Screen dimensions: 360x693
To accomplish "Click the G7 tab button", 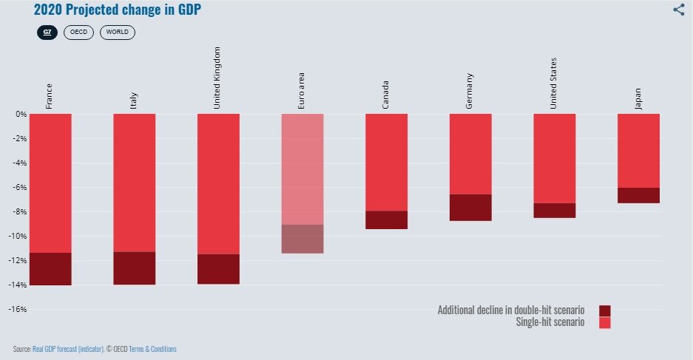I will coord(48,33).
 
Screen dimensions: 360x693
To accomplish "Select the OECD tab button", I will coord(78,33).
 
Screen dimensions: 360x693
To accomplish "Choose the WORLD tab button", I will coord(118,33).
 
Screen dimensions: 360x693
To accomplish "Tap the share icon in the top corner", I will coord(678,10).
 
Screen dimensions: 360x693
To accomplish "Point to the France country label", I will coord(49,96).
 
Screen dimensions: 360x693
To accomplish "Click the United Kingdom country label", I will coord(217,78).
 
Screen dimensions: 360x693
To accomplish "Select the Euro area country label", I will coord(301,92).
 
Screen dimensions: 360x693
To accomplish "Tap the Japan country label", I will coord(638,99).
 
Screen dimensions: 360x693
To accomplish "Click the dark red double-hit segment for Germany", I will coord(470,208).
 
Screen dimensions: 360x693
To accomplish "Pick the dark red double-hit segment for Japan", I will coord(638,195).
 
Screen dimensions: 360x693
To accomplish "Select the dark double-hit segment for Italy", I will coord(134,268).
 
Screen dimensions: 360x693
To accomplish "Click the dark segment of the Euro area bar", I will coord(302,239).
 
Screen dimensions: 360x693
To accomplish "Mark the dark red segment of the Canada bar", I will coord(385,220).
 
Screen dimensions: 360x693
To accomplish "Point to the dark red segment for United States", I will coord(554,211).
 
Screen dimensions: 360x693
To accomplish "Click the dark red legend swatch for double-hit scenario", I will coord(604,310).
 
